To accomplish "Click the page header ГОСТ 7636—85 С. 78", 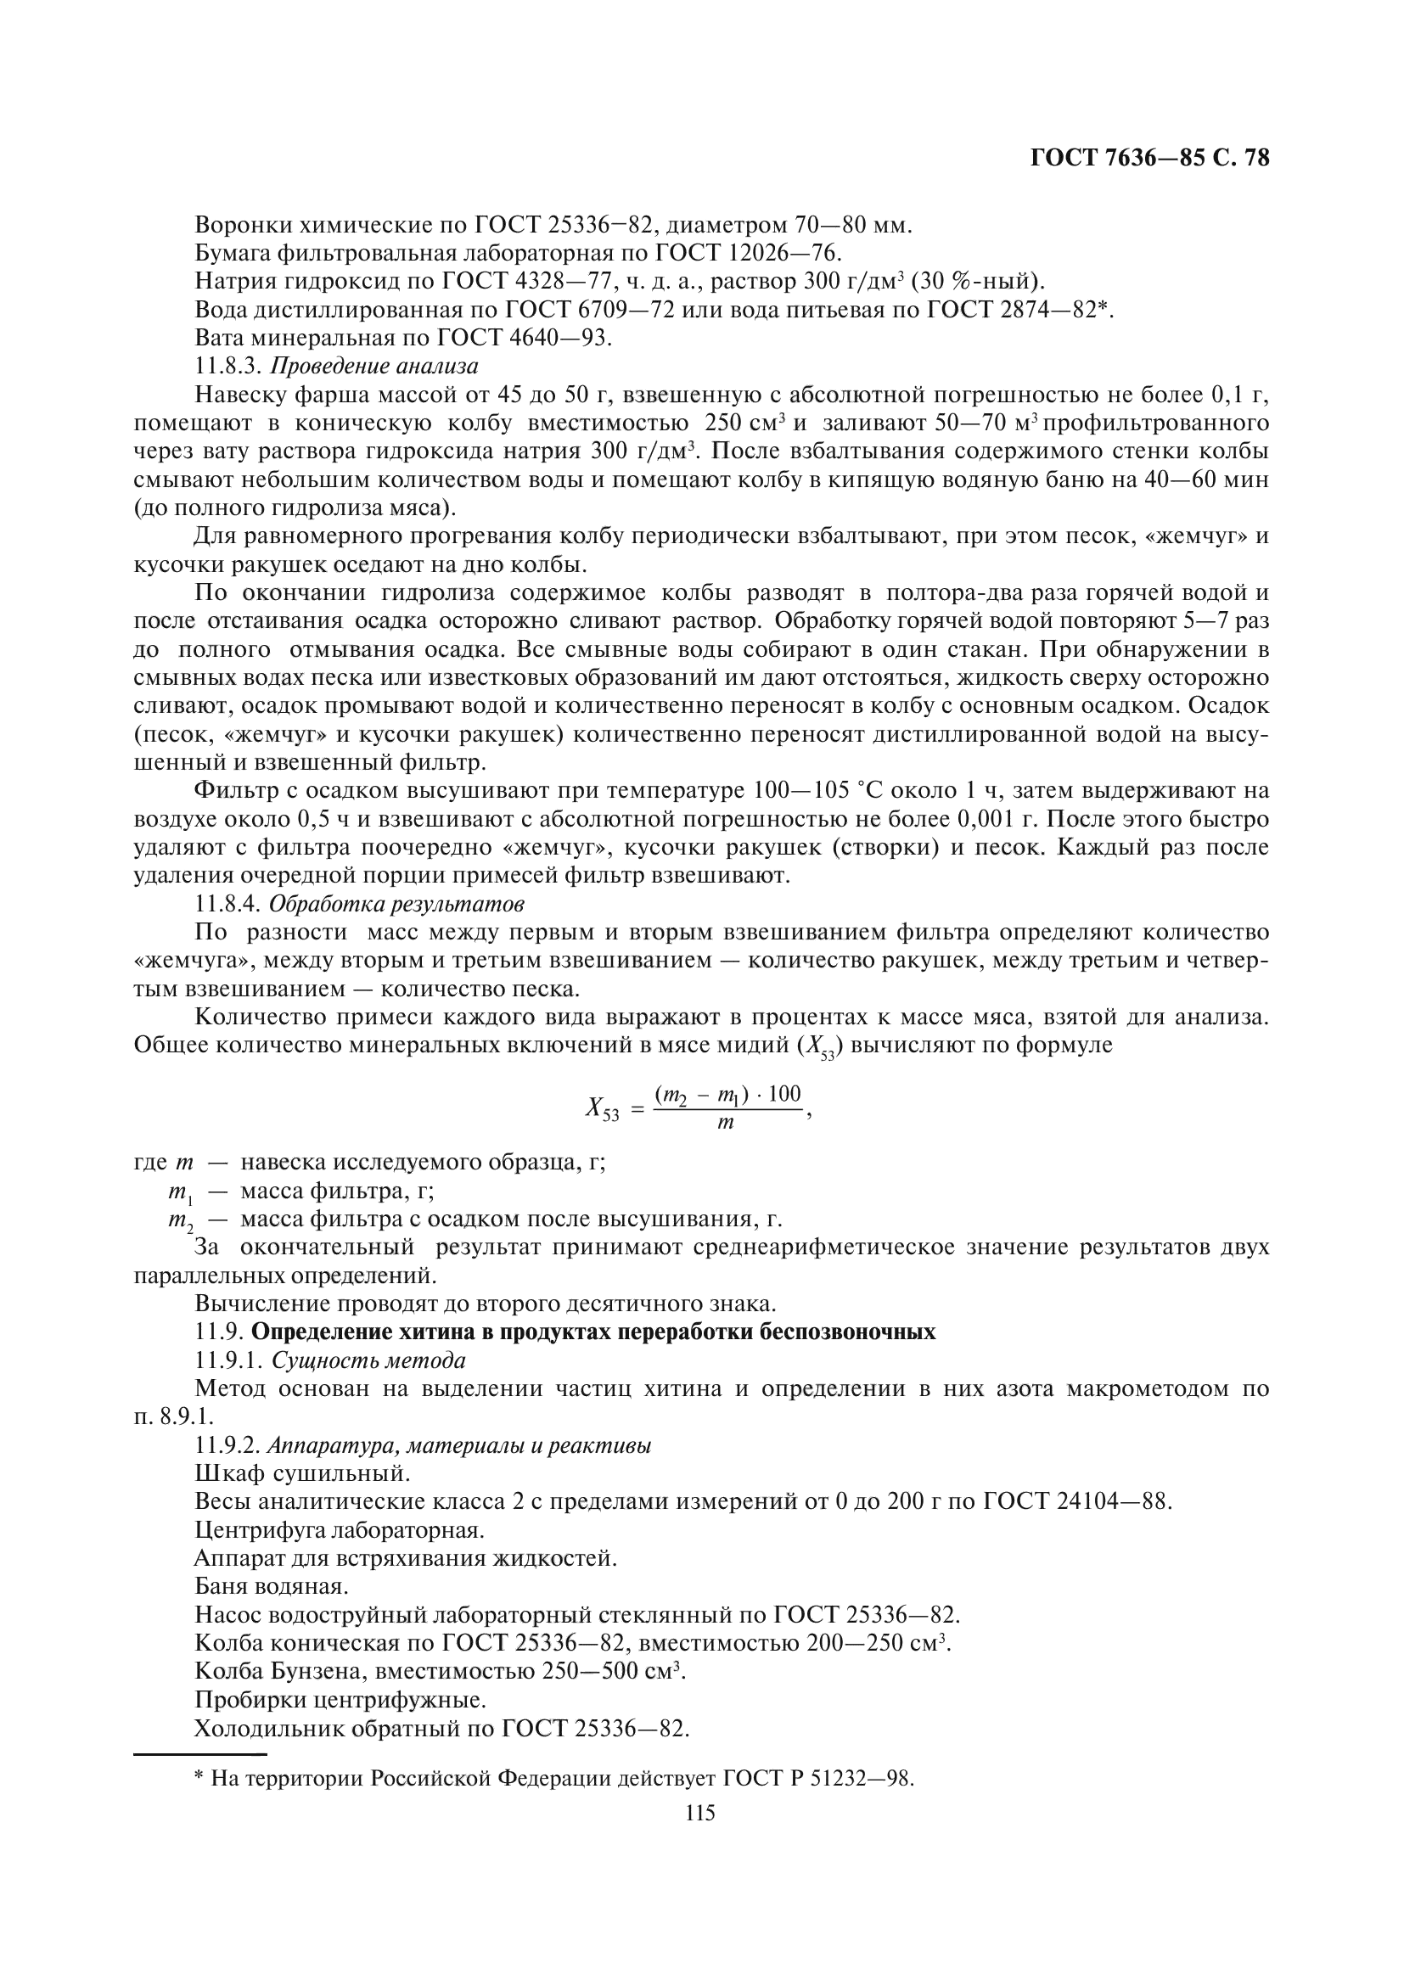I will (x=1150, y=158).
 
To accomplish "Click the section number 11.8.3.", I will (x=228, y=366).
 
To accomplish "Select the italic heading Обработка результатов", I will (x=396, y=905).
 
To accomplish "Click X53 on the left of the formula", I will (x=603, y=1107).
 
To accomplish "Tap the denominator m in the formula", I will (x=727, y=1123).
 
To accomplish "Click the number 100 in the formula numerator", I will (x=784, y=1093).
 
